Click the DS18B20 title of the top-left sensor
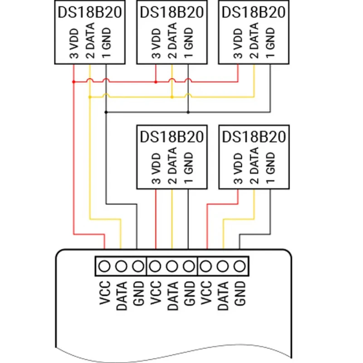click(89, 12)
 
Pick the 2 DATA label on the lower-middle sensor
click(172, 166)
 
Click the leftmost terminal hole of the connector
click(104, 266)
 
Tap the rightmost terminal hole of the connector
click(239, 266)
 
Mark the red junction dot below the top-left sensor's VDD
click(74, 82)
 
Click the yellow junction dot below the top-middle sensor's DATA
click(172, 97)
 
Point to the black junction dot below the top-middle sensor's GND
click(188, 112)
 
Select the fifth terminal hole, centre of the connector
click(172, 266)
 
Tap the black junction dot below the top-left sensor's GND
click(106, 112)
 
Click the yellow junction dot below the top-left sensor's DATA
click(90, 97)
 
